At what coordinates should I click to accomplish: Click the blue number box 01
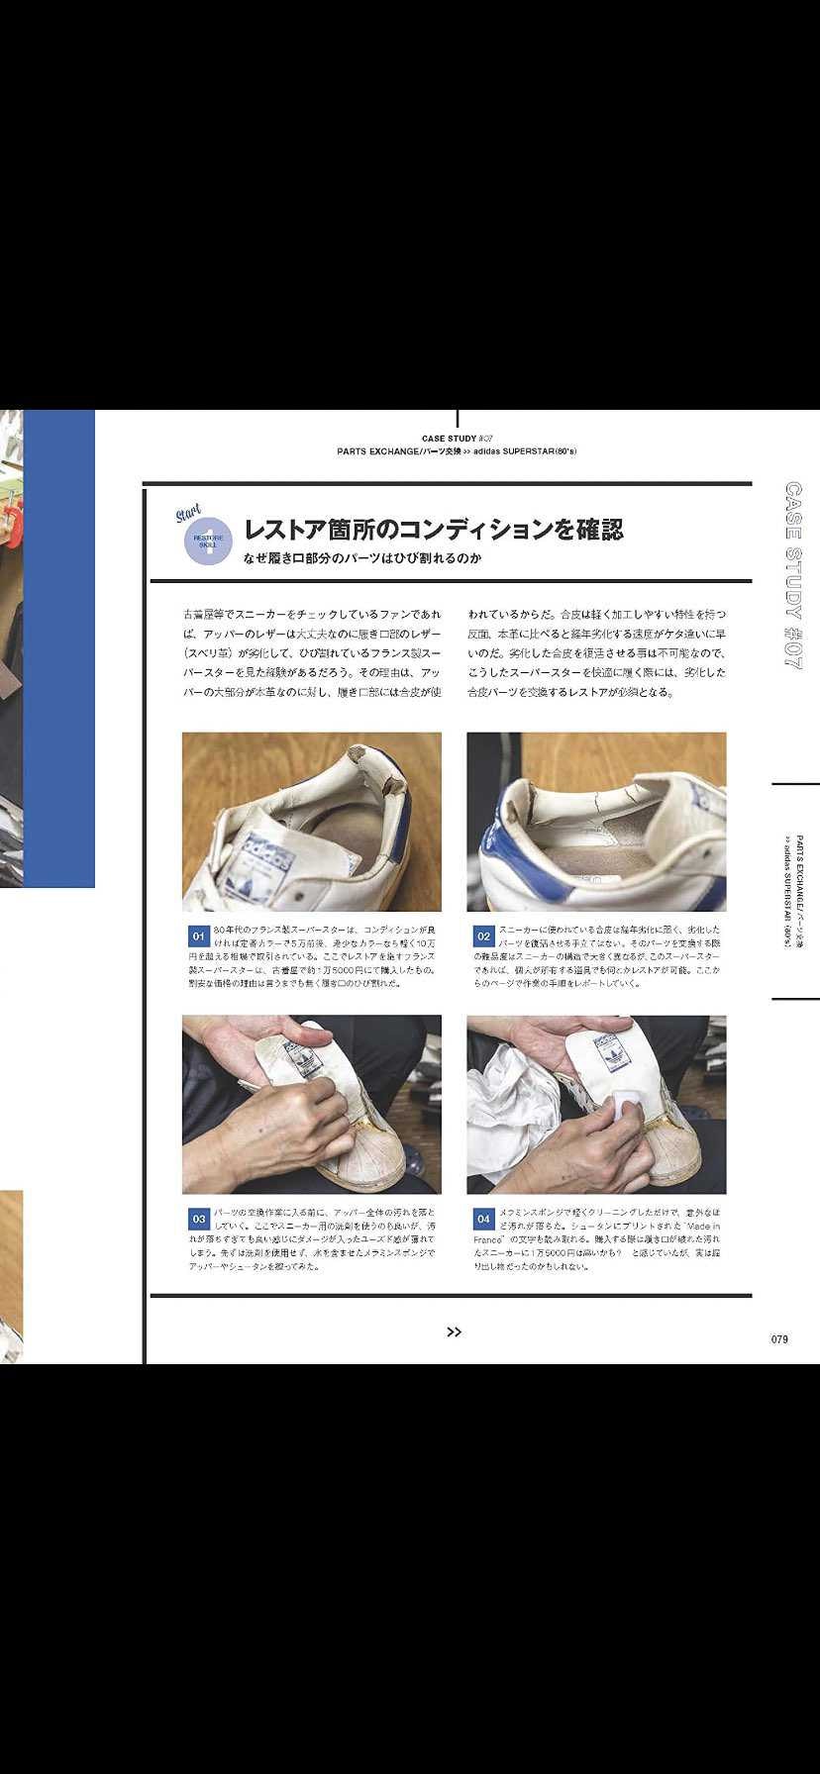(198, 936)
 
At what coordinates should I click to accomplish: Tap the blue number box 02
(483, 936)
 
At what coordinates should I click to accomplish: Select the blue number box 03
(198, 1219)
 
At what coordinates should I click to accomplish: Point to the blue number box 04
(483, 1219)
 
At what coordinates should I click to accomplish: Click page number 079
(779, 1339)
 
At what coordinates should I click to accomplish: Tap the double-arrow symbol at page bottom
(454, 1331)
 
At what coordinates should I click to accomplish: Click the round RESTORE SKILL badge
(208, 541)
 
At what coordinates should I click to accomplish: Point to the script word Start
(188, 514)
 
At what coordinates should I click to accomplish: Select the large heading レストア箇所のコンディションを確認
(433, 529)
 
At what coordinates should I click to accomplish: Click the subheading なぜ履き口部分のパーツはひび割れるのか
(362, 558)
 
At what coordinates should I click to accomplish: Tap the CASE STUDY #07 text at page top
(457, 438)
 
